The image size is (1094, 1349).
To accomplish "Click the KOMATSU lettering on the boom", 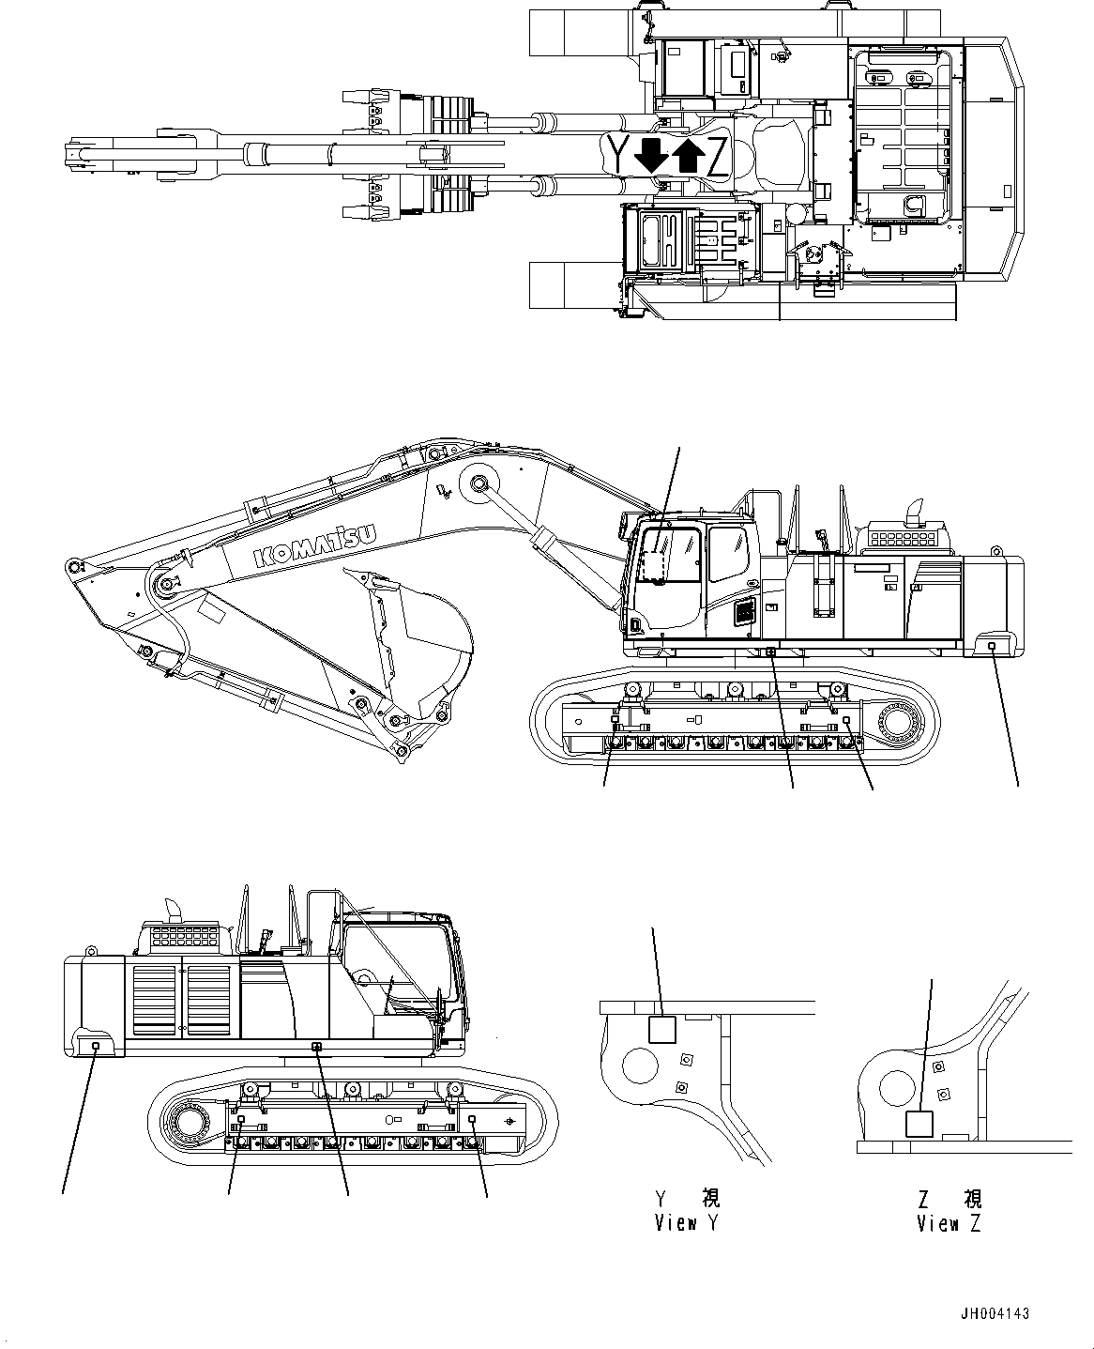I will point(314,545).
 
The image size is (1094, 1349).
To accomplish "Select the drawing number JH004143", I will point(994,1314).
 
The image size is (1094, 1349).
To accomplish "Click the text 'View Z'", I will point(950,1223).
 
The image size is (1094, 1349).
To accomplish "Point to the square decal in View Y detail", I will point(662,1030).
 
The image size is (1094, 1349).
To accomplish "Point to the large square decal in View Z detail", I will point(919,1124).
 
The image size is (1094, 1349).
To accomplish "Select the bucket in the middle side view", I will point(413,638).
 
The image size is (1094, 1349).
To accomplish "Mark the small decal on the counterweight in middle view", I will point(993,646).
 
